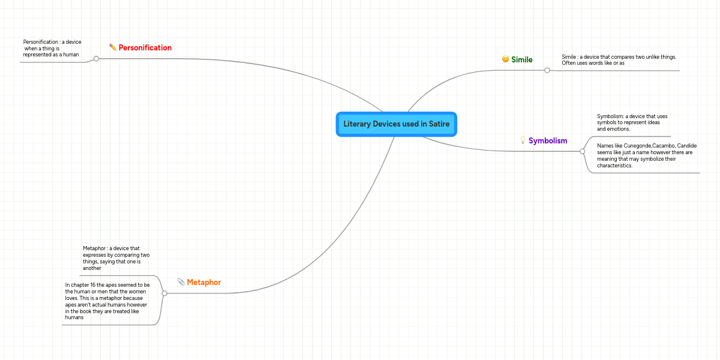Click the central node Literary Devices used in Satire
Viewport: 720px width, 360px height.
tap(397, 124)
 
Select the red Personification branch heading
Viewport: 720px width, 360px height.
tap(145, 48)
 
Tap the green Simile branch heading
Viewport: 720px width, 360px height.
tap(521, 60)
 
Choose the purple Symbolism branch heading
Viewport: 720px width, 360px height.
tap(548, 141)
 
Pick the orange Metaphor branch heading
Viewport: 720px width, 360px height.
tap(204, 282)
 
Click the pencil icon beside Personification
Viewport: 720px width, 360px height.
tap(113, 47)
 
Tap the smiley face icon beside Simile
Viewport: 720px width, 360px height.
tap(505, 59)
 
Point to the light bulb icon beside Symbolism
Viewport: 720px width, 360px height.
tap(523, 140)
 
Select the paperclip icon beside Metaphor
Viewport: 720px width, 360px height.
tap(181, 282)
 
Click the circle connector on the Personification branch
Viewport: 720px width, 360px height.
tap(96, 59)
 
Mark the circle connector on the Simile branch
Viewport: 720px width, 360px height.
tap(547, 70)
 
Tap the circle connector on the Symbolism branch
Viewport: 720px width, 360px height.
tap(582, 151)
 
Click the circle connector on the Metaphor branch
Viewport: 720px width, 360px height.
tap(164, 293)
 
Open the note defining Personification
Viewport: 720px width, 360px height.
tap(52, 48)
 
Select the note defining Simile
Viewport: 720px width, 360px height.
tap(619, 60)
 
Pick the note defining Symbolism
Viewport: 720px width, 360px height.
tap(632, 122)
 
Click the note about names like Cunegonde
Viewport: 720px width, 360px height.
tap(647, 155)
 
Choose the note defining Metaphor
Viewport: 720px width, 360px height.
tap(116, 258)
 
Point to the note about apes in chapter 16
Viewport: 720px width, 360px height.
tap(107, 301)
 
